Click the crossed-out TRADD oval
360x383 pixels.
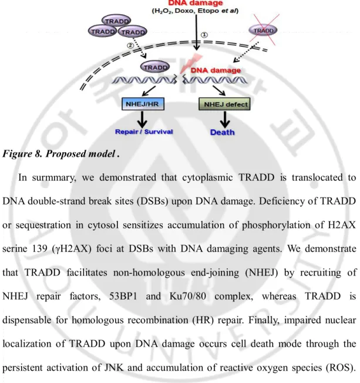click(263, 31)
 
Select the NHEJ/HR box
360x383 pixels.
click(143, 104)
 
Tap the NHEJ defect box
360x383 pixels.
click(224, 105)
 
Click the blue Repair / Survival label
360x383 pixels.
click(144, 132)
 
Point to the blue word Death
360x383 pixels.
click(222, 132)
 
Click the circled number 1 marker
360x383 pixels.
click(204, 35)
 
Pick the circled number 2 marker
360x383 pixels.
click(130, 45)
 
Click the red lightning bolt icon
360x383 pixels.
click(191, 63)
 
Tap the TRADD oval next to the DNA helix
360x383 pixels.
click(155, 67)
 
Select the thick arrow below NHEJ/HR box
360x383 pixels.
click(142, 120)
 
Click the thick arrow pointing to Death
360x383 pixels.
click(225, 120)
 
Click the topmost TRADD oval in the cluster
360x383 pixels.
click(116, 21)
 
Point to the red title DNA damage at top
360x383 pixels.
click(196, 3)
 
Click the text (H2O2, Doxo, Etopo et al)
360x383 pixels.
click(195, 11)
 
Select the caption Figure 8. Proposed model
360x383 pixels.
click(61, 154)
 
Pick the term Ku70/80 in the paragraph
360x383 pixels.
click(187, 296)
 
